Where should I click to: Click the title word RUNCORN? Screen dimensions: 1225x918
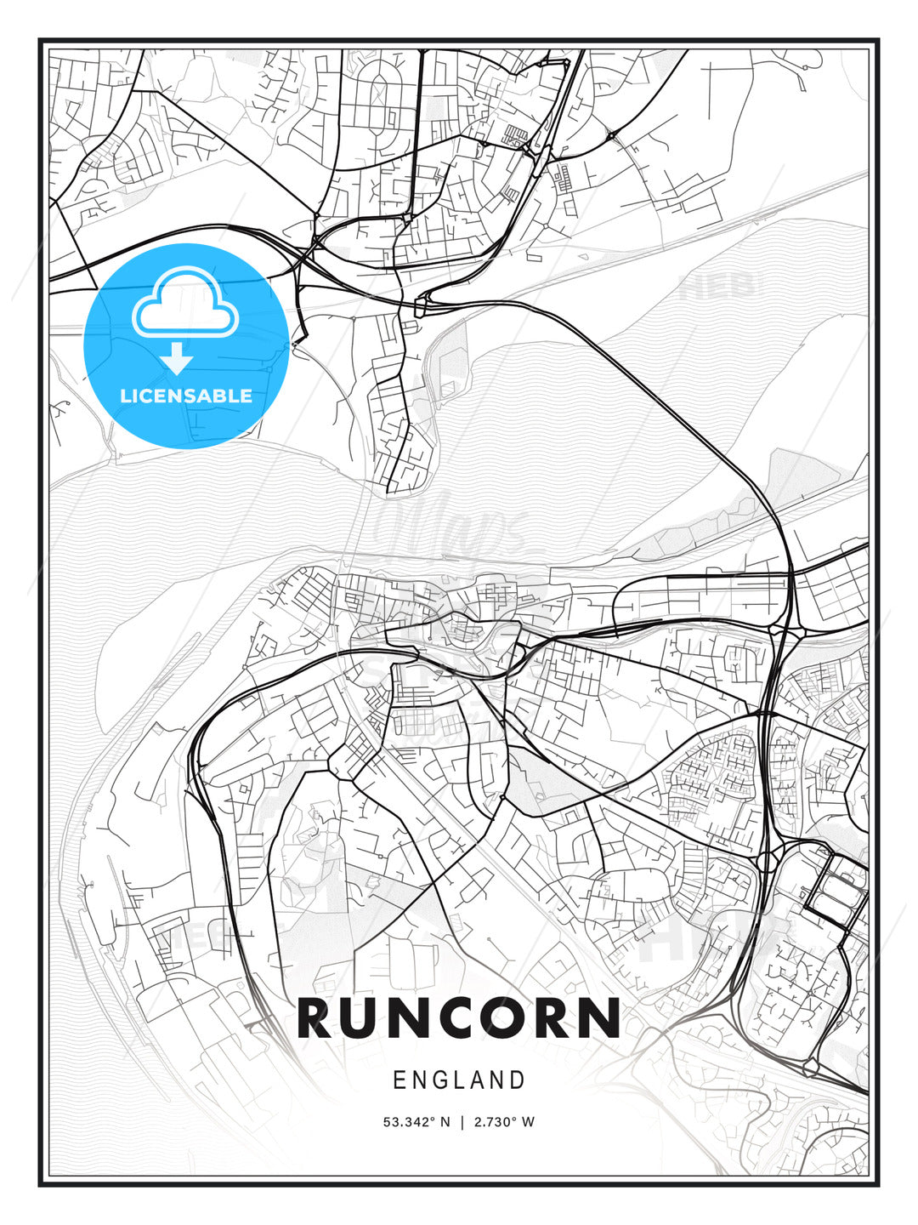coord(459,1017)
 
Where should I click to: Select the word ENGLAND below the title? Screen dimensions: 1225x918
coord(459,1080)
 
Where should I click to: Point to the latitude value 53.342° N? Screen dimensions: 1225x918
coord(416,1122)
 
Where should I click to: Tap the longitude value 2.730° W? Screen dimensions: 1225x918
coord(504,1122)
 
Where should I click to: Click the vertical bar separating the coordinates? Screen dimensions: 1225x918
coord(462,1122)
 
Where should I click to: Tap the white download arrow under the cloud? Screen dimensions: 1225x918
coord(177,358)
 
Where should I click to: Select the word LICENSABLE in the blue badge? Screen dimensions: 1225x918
coord(186,396)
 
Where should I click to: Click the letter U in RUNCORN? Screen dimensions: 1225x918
coord(371,1017)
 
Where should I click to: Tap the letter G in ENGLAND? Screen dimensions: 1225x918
coord(441,1080)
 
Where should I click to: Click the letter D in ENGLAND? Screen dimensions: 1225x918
coord(518,1080)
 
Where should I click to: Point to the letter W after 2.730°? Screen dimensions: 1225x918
coord(529,1122)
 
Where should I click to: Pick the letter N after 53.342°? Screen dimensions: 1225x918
coord(445,1122)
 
